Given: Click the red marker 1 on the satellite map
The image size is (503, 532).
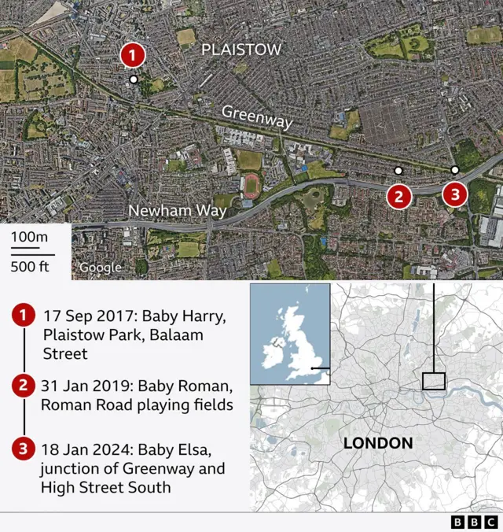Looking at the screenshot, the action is (x=133, y=55).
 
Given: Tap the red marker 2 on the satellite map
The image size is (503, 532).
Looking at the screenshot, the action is (x=399, y=195).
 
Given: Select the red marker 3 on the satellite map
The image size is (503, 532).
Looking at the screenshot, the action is (x=455, y=194).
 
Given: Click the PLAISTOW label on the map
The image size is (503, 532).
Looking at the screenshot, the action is (x=241, y=50).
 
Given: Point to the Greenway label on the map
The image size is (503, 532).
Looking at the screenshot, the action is (x=256, y=117).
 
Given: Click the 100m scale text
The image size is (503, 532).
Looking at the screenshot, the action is (x=29, y=238).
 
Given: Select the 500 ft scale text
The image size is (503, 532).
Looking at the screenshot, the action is (x=29, y=265).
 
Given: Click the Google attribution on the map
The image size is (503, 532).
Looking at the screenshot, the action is (x=100, y=268).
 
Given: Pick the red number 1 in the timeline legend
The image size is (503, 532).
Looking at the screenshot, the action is (x=24, y=316).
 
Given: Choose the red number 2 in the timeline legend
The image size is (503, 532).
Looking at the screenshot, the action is (x=24, y=386).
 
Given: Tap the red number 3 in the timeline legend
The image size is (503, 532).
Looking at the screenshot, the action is (x=24, y=450).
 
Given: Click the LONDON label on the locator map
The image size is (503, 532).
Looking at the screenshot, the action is (x=378, y=442).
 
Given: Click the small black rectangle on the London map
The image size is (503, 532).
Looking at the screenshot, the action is (x=433, y=380).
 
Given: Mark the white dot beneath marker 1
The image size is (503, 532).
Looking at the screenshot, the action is (x=134, y=79).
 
